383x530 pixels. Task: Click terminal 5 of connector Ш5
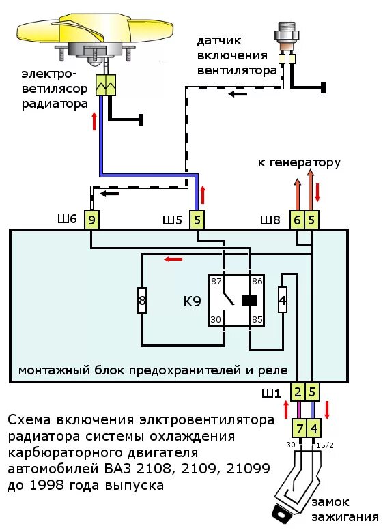pos(197,219)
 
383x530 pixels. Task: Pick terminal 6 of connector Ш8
pos(297,219)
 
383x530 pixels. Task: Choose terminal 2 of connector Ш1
pos(298,392)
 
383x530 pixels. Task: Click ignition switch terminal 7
pos(298,428)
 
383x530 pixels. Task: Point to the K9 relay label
pos(191,300)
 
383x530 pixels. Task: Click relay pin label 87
pos(216,281)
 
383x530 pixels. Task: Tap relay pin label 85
pos(257,319)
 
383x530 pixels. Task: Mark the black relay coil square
pos(249,300)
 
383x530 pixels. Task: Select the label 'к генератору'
pos(298,162)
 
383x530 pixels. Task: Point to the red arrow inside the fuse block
pos(173,259)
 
